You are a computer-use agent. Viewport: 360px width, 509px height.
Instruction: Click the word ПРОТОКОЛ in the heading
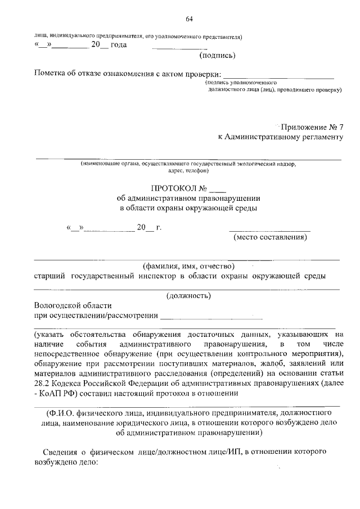point(172,188)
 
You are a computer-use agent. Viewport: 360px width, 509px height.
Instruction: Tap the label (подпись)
point(217,55)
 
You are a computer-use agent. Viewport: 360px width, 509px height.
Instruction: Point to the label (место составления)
point(270,237)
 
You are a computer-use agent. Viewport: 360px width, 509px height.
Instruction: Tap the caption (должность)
point(188,295)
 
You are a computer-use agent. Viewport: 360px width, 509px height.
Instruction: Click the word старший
point(49,276)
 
